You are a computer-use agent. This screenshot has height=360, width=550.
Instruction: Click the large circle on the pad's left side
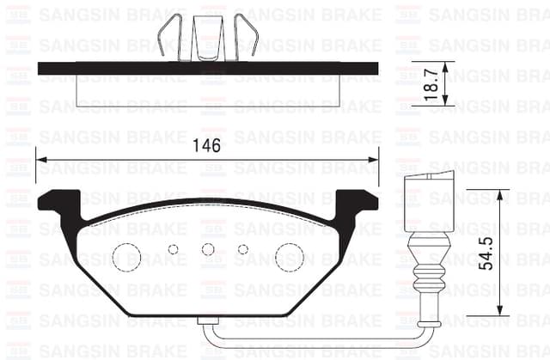(x=127, y=255)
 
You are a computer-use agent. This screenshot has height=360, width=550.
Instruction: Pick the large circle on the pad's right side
(x=289, y=255)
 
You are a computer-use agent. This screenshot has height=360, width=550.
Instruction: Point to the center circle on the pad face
(x=207, y=249)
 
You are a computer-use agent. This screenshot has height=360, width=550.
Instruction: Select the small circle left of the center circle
(x=173, y=249)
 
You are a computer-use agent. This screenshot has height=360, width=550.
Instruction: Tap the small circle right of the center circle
(x=243, y=249)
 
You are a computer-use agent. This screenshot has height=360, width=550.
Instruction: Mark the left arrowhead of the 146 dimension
(x=43, y=159)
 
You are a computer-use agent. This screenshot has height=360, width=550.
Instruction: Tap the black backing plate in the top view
(x=208, y=68)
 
